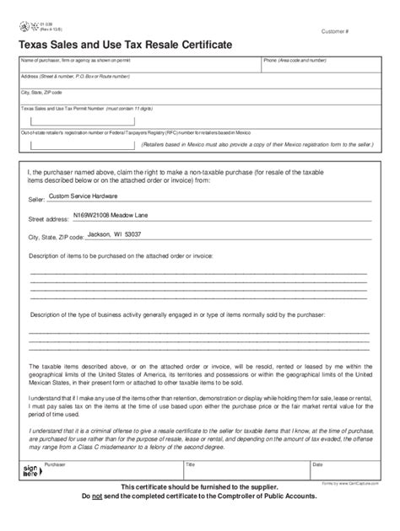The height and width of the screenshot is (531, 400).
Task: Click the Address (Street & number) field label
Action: point(75,77)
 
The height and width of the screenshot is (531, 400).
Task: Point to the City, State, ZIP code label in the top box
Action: point(42,91)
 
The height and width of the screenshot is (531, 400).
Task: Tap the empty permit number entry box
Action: point(68,121)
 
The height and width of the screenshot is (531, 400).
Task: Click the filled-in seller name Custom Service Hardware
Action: point(84,195)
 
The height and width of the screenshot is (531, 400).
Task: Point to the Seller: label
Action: point(38,199)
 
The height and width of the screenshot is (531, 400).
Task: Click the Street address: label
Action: point(49,217)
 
